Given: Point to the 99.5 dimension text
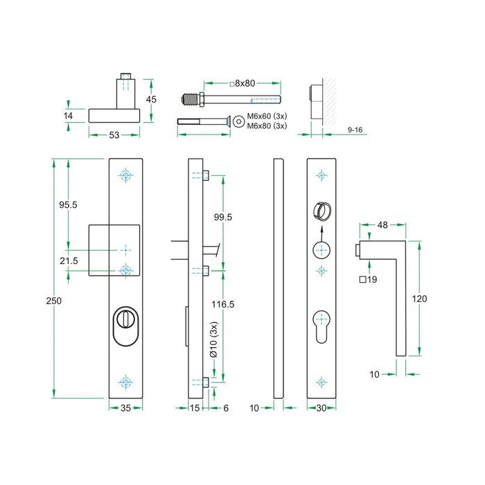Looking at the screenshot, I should tap(223, 217).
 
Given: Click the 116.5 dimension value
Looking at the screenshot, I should tap(223, 304).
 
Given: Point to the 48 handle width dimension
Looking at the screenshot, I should tap(381, 225).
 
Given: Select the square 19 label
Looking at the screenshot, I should tap(368, 280).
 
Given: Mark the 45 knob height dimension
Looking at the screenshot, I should tap(152, 99).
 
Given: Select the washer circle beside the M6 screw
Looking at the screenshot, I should tap(239, 121).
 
